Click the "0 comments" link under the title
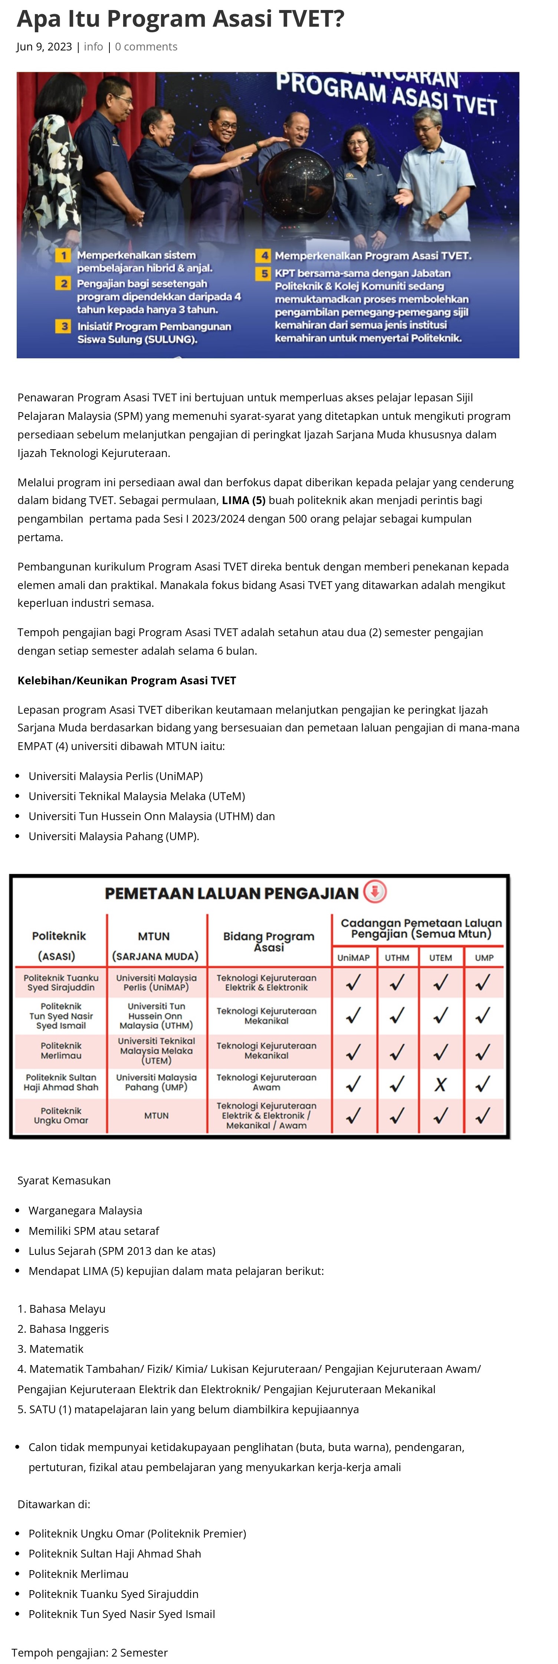[146, 46]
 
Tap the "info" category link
[93, 46]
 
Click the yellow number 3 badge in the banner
[63, 326]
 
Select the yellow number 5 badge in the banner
[264, 273]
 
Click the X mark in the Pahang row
[440, 1085]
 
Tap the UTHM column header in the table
[397, 957]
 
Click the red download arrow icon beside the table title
[375, 892]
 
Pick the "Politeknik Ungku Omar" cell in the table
[61, 1116]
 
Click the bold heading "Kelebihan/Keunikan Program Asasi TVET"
[127, 680]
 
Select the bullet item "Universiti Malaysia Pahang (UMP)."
[114, 836]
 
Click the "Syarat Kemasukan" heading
[64, 1180]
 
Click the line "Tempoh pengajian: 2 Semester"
[90, 1653]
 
